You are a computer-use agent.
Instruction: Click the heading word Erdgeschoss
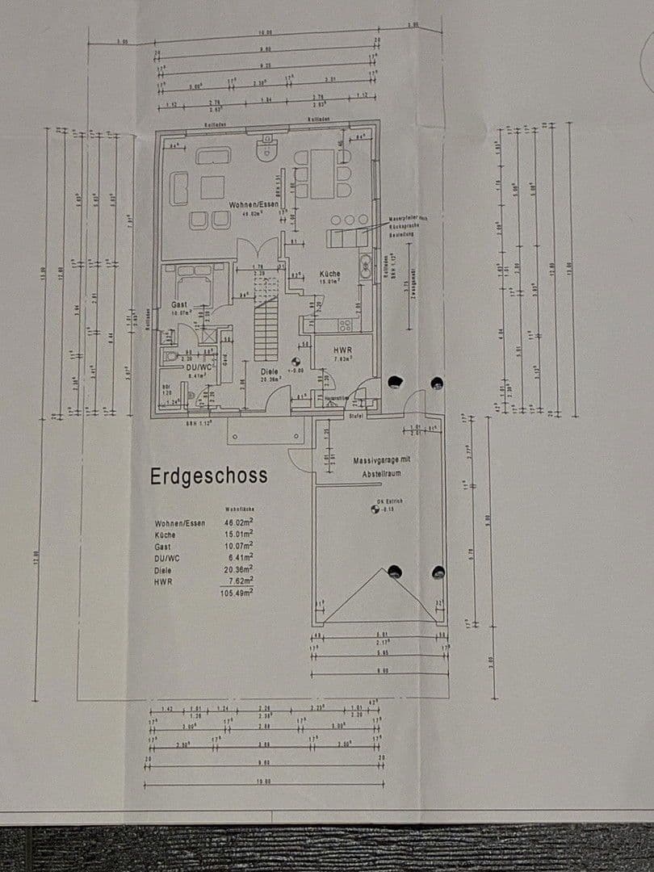pos(208,476)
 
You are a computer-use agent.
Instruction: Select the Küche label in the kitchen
pos(329,274)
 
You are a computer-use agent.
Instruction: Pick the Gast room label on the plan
pos(179,304)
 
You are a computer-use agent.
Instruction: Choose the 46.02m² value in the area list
pos(239,523)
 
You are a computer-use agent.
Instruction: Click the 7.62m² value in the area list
pos(240,580)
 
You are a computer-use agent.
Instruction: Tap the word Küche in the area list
pos(165,535)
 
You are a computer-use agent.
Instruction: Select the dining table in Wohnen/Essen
pos(323,174)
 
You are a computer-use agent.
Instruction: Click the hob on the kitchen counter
pos(345,325)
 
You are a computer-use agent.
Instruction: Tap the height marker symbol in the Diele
pos(296,362)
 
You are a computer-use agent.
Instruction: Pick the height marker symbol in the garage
pos(375,509)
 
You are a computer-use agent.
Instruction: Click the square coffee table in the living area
pos(212,187)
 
